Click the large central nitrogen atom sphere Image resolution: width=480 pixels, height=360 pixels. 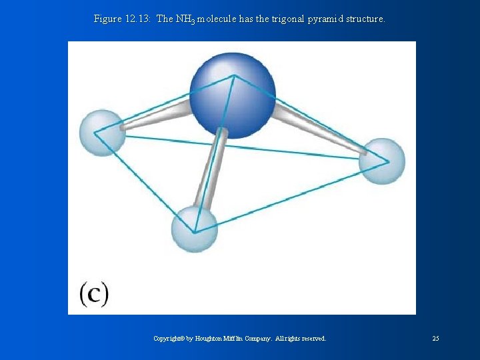pyautogui.click(x=232, y=94)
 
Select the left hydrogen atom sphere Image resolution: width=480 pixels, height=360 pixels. pyautogui.click(x=102, y=132)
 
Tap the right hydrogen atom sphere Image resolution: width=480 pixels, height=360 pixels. pyautogui.click(x=383, y=160)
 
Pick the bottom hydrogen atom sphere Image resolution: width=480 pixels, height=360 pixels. pyautogui.click(x=194, y=229)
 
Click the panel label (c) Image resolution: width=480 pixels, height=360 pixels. pyautogui.click(x=94, y=293)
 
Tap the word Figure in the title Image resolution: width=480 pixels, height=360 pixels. pyautogui.click(x=107, y=19)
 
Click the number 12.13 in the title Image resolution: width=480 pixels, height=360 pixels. pyautogui.click(x=138, y=19)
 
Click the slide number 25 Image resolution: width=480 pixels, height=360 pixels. pyautogui.click(x=435, y=339)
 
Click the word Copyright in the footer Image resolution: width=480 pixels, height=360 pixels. pyautogui.click(x=169, y=339)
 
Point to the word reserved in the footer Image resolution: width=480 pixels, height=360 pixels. pyautogui.click(x=313, y=339)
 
